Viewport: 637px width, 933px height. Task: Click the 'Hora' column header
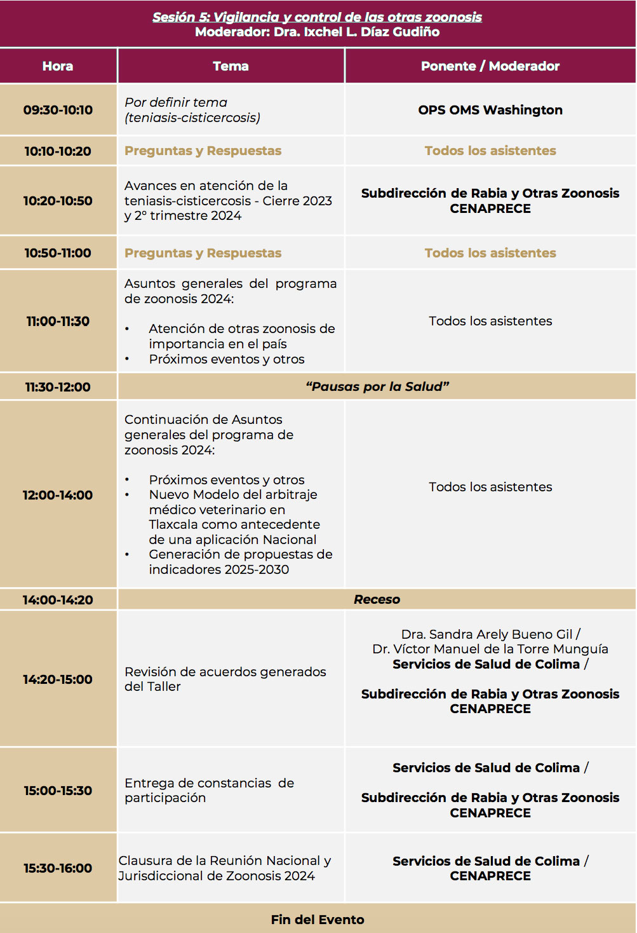[x=58, y=66]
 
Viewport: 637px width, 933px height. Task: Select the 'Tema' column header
[x=231, y=66]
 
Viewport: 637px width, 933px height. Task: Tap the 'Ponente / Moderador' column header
[x=490, y=66]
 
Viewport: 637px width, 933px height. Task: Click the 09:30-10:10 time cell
[x=58, y=110]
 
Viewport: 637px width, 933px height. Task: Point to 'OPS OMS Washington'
[x=490, y=110]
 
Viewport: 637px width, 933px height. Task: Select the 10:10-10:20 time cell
[x=58, y=151]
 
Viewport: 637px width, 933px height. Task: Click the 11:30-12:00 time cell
[x=58, y=387]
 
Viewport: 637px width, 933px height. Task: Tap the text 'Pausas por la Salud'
[x=377, y=386]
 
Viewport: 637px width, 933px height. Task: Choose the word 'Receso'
[x=377, y=599]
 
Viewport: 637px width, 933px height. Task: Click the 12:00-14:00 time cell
[x=58, y=495]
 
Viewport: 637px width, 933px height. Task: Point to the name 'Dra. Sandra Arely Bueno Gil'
[x=487, y=634]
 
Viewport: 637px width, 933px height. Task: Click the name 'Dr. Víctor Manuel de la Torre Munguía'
[x=490, y=649]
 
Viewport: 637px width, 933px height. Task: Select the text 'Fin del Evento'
[x=318, y=920]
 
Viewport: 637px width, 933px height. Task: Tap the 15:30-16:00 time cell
[x=58, y=868]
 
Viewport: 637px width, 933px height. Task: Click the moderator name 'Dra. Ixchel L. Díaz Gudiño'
[x=356, y=32]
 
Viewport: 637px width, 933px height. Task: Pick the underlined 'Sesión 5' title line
[x=317, y=17]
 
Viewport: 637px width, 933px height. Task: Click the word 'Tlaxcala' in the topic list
[x=174, y=524]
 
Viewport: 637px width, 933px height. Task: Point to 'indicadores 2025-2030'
[x=218, y=569]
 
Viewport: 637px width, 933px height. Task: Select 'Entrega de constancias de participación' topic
[x=209, y=790]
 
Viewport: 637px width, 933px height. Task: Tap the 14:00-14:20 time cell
[x=58, y=600]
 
